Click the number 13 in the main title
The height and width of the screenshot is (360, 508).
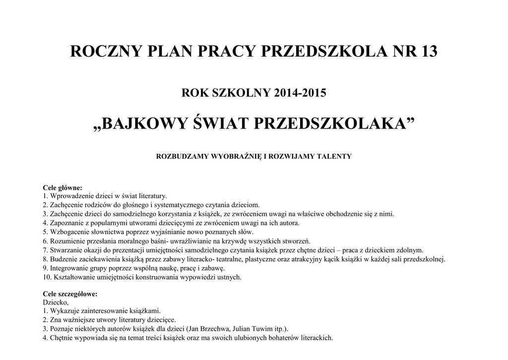[427, 52]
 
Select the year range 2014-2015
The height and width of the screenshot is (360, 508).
[300, 92]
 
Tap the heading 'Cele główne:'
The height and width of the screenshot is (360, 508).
[62, 188]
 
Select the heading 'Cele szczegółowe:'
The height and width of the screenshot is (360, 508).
[70, 293]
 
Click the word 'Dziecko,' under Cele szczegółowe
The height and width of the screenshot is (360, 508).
[56, 302]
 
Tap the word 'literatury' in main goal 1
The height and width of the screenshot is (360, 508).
[152, 196]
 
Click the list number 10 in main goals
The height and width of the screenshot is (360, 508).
[46, 277]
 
